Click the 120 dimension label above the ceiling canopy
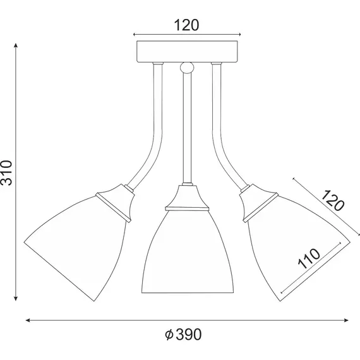click(186, 25)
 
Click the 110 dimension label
click(309, 260)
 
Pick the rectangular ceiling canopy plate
click(186, 51)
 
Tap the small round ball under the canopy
click(186, 67)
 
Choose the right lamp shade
click(294, 243)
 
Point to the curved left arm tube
click(150, 139)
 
